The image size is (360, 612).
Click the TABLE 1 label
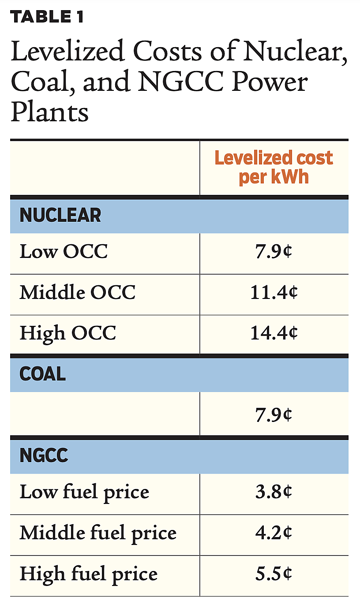tap(47, 17)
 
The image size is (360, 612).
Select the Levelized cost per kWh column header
tap(274, 168)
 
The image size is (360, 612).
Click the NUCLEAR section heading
tap(60, 216)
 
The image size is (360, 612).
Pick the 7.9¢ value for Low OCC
tap(274, 252)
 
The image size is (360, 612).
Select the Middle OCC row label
tap(77, 292)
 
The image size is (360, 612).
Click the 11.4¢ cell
tap(274, 292)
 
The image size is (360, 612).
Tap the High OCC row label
tap(67, 333)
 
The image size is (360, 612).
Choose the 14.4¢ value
tap(274, 333)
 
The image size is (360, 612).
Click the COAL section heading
tap(43, 374)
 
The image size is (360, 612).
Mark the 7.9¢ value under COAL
tap(274, 414)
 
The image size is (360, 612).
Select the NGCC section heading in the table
tap(44, 456)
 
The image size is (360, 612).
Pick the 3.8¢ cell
tap(274, 493)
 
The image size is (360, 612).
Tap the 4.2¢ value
tap(274, 534)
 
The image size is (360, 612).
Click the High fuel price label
tap(88, 574)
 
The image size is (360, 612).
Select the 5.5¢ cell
tap(274, 574)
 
